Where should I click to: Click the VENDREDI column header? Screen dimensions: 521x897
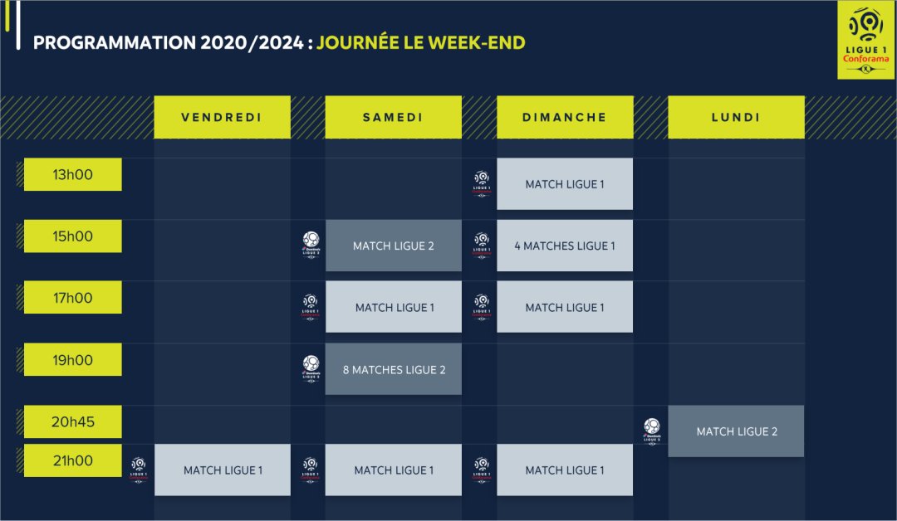pyautogui.click(x=222, y=117)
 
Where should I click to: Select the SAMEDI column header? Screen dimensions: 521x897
pyautogui.click(x=393, y=117)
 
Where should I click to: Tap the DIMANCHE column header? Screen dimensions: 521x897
pyautogui.click(x=565, y=117)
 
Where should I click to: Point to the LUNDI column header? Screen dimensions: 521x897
pyautogui.click(x=736, y=117)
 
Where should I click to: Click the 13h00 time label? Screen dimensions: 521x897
pyautogui.click(x=72, y=175)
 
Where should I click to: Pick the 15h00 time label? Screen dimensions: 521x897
pyautogui.click(x=72, y=236)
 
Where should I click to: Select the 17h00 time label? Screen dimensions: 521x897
pyautogui.click(x=72, y=298)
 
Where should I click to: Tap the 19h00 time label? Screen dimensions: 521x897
pyautogui.click(x=72, y=360)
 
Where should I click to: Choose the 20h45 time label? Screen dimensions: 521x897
pyautogui.click(x=72, y=421)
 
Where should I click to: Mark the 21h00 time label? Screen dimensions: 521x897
pyautogui.click(x=72, y=460)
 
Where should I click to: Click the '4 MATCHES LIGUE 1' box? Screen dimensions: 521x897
pyautogui.click(x=565, y=246)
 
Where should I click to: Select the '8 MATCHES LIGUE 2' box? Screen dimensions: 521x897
pyautogui.click(x=393, y=369)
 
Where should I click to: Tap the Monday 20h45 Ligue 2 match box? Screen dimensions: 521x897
pyautogui.click(x=736, y=431)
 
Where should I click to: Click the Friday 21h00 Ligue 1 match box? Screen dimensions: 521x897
pyautogui.click(x=222, y=470)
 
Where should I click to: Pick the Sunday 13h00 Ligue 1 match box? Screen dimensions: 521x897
pyautogui.click(x=565, y=184)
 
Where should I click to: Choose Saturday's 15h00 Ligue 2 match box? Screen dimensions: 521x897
pyautogui.click(x=393, y=246)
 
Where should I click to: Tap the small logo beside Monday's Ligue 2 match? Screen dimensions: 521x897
pyautogui.click(x=652, y=431)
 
